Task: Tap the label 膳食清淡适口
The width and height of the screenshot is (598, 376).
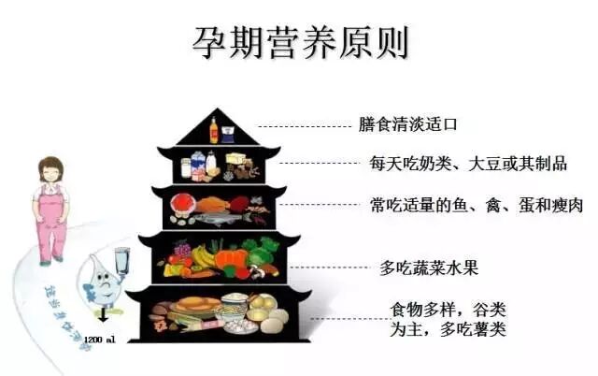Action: [409, 124]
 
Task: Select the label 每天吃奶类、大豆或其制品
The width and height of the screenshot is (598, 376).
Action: [468, 164]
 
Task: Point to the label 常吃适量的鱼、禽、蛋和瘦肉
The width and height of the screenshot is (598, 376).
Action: [477, 205]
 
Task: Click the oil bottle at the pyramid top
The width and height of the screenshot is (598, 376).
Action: [214, 129]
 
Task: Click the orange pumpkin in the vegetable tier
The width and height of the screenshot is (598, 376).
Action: [231, 258]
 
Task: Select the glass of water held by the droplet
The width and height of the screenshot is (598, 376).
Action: [121, 261]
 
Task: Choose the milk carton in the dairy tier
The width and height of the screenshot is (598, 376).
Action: [211, 164]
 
